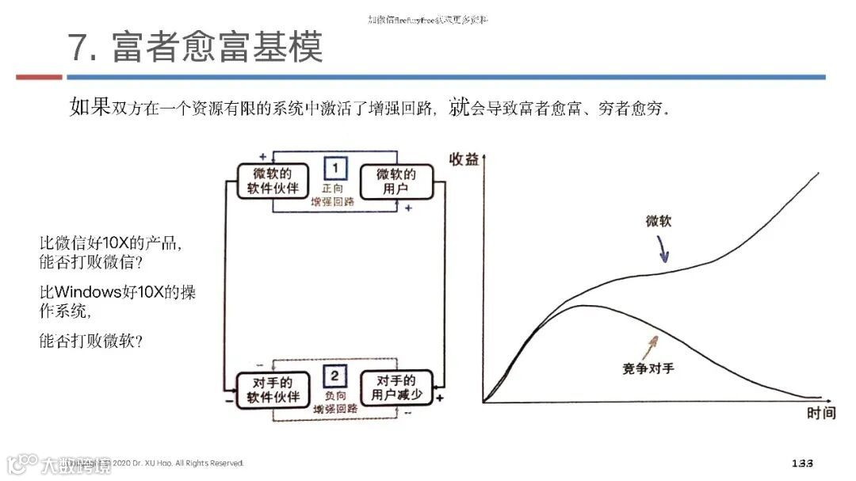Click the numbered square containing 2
click(334, 376)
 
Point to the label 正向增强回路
click(333, 195)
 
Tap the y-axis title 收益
click(464, 158)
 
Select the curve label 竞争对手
click(648, 368)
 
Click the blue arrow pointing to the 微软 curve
click(663, 249)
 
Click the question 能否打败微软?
click(90, 342)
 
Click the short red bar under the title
click(39, 77)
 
